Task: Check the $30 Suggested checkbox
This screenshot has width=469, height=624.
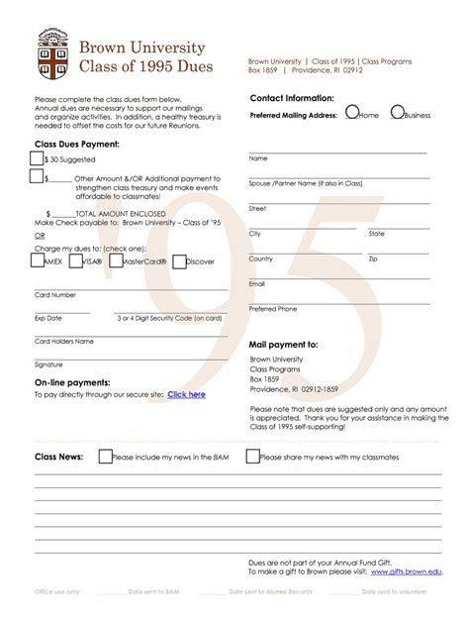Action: click(37, 158)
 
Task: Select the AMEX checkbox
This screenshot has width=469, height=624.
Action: click(37, 261)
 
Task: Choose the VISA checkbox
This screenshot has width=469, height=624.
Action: click(74, 261)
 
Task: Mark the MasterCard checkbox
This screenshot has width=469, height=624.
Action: click(115, 260)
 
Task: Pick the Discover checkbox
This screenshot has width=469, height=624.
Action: click(179, 262)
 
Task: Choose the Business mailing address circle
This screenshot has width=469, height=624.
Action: click(397, 113)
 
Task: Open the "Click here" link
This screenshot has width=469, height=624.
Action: click(186, 394)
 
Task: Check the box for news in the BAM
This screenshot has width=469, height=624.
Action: click(104, 457)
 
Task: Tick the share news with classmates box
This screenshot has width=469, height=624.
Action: click(252, 457)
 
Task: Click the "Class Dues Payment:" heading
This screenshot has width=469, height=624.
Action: click(77, 145)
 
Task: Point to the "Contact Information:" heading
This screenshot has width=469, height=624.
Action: click(292, 99)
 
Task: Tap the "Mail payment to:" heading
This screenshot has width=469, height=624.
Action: click(284, 344)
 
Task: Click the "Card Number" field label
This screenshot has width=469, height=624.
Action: click(55, 295)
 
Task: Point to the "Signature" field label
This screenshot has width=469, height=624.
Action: click(48, 364)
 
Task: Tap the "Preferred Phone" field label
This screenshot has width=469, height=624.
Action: click(273, 309)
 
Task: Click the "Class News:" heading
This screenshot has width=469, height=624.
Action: click(59, 457)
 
